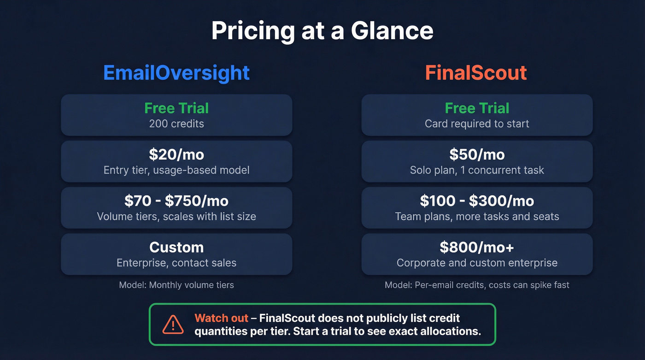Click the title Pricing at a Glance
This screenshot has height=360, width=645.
coord(322,31)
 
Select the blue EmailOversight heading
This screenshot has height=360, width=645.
coord(176,73)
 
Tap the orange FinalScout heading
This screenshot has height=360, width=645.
coord(476,73)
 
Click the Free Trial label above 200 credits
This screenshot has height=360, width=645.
coord(176,108)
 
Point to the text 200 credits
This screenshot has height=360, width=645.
coord(176,124)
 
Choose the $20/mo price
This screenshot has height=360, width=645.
coord(176,155)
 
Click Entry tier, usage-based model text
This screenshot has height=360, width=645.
coord(176,170)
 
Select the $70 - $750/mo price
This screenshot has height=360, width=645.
coord(176,201)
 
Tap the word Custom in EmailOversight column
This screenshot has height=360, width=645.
coord(176,248)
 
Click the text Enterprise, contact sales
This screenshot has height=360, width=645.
coord(176,263)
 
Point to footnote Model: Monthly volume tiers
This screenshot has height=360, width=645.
coord(176,285)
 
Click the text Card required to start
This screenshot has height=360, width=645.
coord(477,124)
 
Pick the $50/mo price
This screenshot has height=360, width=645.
coord(477,155)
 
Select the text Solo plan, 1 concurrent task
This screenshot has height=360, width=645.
coord(477,170)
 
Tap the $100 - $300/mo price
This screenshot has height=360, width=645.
coord(477,201)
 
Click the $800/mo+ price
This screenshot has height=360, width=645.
coord(477,248)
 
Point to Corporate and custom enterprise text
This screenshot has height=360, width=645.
coord(477,263)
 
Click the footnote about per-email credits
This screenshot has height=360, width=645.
coord(477,285)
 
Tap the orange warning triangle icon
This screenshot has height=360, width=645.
coord(173,325)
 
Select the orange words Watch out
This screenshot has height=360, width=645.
coord(221,318)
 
